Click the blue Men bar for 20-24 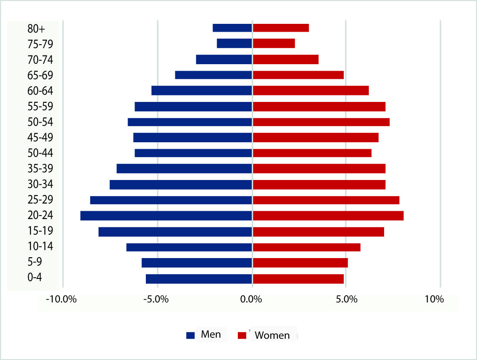click(166, 216)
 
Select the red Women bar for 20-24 click(328, 216)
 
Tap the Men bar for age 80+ click(232, 28)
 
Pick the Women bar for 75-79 click(274, 43)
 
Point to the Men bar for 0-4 click(199, 278)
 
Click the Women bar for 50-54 click(321, 122)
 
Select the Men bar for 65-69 click(214, 75)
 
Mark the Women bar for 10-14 click(306, 247)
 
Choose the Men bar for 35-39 click(184, 169)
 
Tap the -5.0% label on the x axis click(157, 299)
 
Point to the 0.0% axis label click(251, 299)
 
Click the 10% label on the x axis click(434, 299)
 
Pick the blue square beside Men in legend click(190, 335)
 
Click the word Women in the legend click(272, 335)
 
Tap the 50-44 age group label click(40, 153)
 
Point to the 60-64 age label click(40, 91)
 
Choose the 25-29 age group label click(40, 200)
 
